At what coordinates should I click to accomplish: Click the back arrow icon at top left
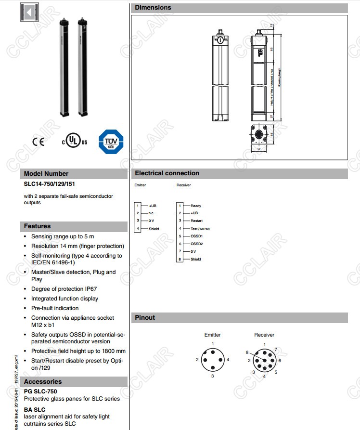coord(29,13)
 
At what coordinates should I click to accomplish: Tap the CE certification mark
coord(38,142)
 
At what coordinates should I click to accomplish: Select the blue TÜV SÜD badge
coord(111,142)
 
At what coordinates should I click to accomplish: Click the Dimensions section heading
coord(153,8)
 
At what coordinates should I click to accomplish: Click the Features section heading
coord(38,226)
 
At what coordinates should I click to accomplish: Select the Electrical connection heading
coord(167,173)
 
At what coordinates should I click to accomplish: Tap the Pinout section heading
coord(145,317)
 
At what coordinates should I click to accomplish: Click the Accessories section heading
coord(43,381)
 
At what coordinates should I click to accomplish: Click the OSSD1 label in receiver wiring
coord(197,236)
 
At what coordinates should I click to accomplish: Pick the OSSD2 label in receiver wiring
coord(197,244)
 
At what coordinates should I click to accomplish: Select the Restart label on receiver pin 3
coord(196,221)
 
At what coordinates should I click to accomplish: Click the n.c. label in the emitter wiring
coord(152,213)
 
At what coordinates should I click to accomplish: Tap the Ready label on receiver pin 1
coord(195,206)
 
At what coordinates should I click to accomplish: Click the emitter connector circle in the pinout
coord(212,360)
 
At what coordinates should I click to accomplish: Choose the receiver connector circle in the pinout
coord(264,360)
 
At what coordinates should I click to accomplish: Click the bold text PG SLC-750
coord(40,391)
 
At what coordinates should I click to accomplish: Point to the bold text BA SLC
coord(35,409)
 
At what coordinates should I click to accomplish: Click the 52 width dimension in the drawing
coord(259,150)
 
